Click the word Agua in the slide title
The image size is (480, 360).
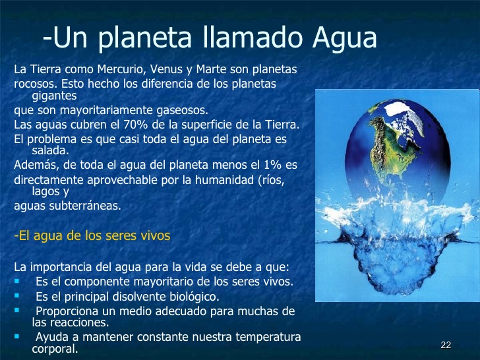point(345,38)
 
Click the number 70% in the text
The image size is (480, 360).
point(134,125)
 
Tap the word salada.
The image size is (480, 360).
point(51,150)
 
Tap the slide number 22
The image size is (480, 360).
point(446,345)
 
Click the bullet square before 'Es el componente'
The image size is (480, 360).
point(16,280)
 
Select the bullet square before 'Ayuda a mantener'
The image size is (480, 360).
point(16,336)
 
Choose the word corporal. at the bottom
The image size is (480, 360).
point(55,349)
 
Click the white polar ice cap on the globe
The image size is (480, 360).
point(404,115)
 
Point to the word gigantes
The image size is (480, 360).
point(54,96)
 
